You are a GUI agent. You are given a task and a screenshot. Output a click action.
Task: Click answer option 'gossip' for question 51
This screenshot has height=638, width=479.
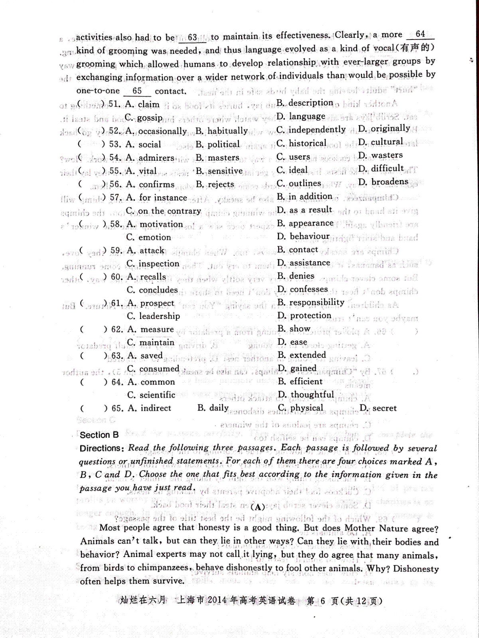click(150, 118)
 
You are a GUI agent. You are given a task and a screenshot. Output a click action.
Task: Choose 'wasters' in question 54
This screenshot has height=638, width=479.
click(387, 155)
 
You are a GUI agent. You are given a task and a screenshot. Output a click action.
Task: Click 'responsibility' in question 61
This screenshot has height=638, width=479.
click(317, 302)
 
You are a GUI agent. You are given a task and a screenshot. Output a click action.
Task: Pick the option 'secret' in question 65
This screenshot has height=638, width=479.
click(384, 408)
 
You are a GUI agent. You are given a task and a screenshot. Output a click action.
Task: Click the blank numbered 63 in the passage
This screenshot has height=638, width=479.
click(192, 37)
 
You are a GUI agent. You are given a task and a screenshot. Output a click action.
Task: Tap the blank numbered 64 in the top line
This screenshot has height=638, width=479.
click(420, 34)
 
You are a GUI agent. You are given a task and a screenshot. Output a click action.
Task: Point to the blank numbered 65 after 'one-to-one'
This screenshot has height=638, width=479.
click(137, 91)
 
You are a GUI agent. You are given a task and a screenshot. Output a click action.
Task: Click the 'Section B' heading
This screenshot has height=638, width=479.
click(99, 435)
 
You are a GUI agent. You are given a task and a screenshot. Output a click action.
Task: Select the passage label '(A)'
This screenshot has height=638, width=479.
click(257, 507)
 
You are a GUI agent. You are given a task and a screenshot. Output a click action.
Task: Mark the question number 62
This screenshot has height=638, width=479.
click(117, 329)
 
